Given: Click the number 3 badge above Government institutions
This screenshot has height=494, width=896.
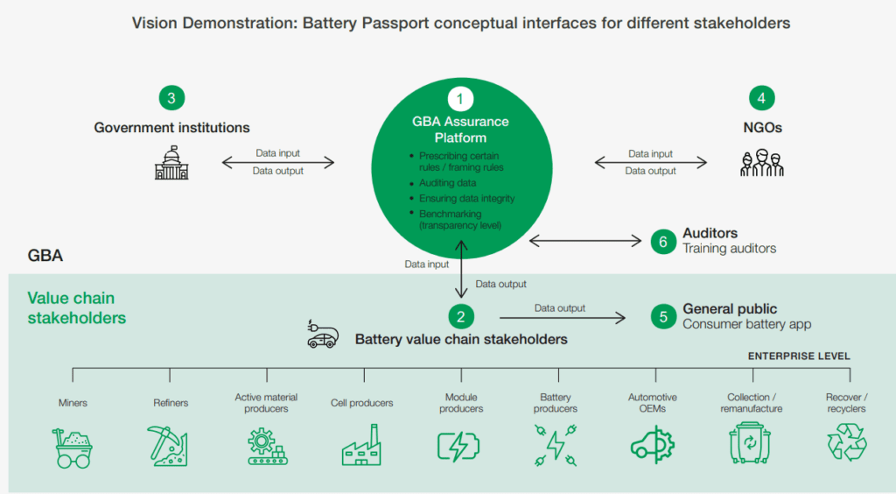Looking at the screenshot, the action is [x=171, y=98].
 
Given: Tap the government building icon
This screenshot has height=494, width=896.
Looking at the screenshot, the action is [x=171, y=163].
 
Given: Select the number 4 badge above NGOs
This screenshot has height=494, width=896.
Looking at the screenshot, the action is [x=762, y=98].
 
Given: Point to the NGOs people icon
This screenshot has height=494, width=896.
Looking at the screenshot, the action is [x=762, y=163].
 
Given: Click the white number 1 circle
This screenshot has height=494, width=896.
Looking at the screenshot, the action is [x=460, y=99].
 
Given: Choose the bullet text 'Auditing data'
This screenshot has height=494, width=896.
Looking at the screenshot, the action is [x=447, y=183].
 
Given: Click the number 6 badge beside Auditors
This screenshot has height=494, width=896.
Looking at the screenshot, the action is [x=663, y=241].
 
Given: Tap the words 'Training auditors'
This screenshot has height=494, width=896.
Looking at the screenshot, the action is [x=729, y=249].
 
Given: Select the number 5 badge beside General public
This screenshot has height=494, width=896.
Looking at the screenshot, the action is [x=663, y=317].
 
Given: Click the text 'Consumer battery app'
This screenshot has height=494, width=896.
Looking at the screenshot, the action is [x=747, y=324].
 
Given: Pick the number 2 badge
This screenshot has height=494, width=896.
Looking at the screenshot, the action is [x=460, y=316].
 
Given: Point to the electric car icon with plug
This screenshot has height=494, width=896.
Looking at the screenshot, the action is [x=322, y=334].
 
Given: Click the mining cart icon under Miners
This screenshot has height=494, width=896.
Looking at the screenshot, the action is [x=73, y=448].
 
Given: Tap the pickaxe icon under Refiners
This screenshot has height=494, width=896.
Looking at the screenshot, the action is [x=167, y=446].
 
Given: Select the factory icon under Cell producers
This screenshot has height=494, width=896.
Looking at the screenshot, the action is [x=361, y=445].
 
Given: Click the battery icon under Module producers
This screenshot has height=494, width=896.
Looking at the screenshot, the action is [x=458, y=446].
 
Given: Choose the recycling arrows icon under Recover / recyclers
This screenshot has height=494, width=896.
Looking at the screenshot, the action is [x=847, y=441].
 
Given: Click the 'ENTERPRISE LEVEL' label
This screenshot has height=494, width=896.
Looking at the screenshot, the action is [x=799, y=356].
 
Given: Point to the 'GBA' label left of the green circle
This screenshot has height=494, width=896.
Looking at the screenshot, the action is [x=45, y=256].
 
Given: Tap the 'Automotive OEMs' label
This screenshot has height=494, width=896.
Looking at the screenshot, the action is [x=653, y=403].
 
